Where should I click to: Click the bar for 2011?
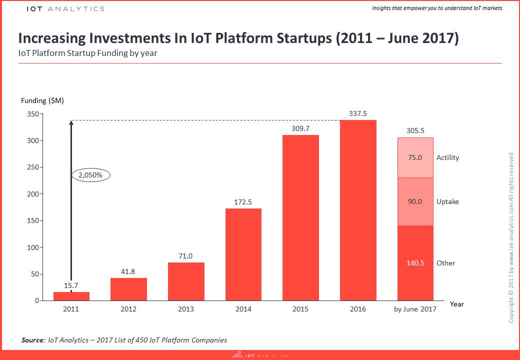tap(71, 296)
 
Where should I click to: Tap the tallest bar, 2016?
tap(358, 210)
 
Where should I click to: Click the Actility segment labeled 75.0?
tap(415, 157)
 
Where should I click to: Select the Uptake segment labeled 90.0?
tap(415, 201)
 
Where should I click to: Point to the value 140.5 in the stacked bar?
tap(415, 263)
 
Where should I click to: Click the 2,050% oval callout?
tap(91, 175)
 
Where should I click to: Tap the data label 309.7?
tap(300, 128)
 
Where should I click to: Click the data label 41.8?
tap(128, 271)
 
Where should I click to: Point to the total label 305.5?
tap(415, 131)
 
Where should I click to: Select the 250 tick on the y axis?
tap(32, 167)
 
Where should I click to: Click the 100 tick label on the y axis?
tap(32, 247)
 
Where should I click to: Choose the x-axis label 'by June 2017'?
tap(415, 309)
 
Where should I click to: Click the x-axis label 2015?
tap(300, 309)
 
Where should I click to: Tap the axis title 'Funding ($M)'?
tap(42, 100)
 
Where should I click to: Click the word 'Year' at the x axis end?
tap(456, 303)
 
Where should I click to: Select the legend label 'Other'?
tap(445, 263)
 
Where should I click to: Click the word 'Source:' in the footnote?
tap(33, 340)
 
